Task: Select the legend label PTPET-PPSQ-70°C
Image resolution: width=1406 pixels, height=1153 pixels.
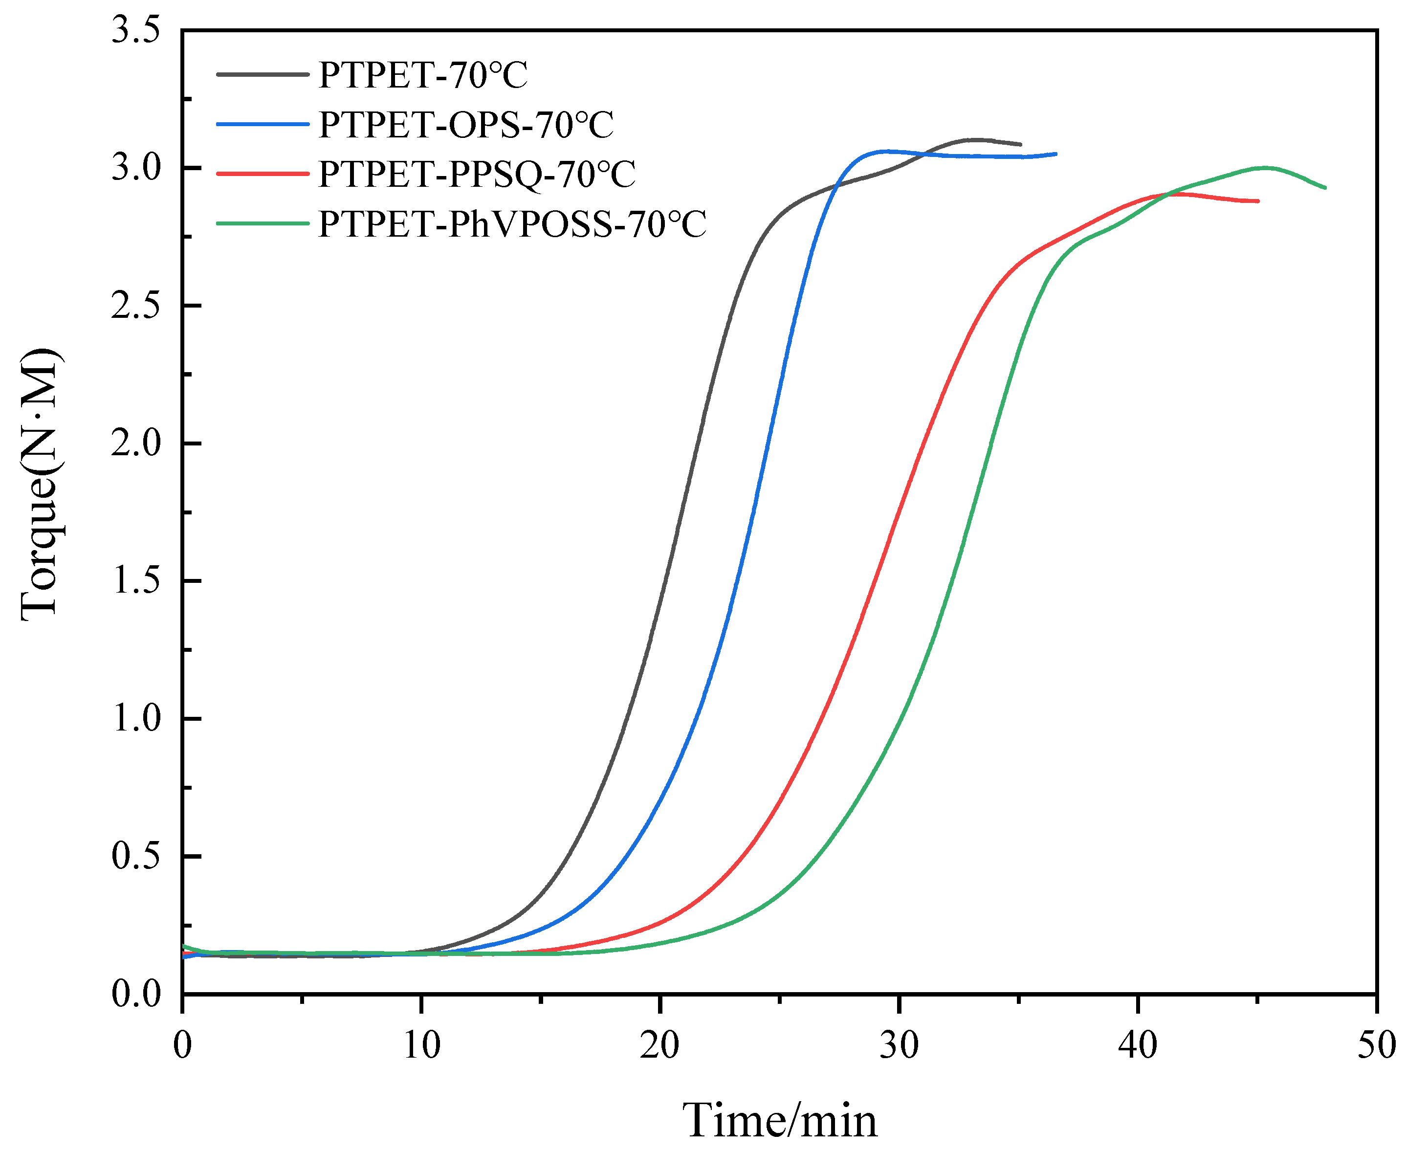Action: pyautogui.click(x=476, y=174)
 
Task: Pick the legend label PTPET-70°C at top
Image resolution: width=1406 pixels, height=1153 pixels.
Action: pyautogui.click(x=422, y=74)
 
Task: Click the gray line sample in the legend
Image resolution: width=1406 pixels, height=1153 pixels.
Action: pyautogui.click(x=263, y=74)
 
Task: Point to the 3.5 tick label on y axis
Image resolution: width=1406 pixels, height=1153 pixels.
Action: pyautogui.click(x=136, y=31)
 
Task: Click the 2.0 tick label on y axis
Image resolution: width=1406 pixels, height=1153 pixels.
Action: pyautogui.click(x=136, y=443)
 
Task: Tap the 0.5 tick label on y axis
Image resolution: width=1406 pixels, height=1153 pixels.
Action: pyautogui.click(x=136, y=856)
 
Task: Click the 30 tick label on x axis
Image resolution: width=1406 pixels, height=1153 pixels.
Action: pyautogui.click(x=899, y=1045)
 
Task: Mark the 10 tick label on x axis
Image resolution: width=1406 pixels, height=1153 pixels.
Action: pyautogui.click(x=421, y=1045)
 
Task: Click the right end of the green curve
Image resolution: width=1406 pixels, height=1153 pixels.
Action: pyautogui.click(x=1325, y=188)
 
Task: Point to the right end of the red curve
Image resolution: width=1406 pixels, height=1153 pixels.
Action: pyautogui.click(x=1258, y=200)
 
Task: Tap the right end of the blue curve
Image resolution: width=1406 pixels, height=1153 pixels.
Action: pyautogui.click(x=1055, y=154)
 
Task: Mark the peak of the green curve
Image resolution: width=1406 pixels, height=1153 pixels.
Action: pyautogui.click(x=1265, y=167)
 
